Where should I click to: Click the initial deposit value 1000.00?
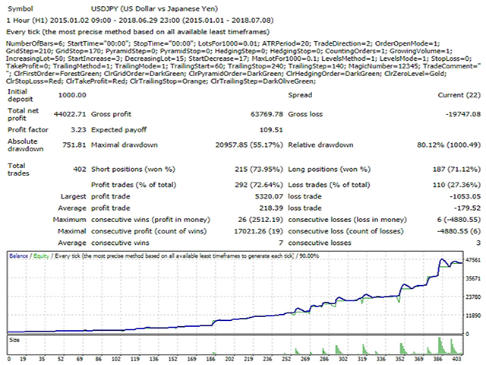click(x=72, y=95)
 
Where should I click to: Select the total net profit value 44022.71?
click(x=70, y=114)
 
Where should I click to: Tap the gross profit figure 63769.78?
click(x=267, y=114)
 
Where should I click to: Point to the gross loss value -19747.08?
click(x=463, y=114)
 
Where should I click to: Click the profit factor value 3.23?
click(x=78, y=130)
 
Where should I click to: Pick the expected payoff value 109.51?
click(x=271, y=130)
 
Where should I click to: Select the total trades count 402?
click(x=79, y=169)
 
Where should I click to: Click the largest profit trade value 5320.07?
click(x=269, y=196)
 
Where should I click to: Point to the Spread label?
click(x=300, y=95)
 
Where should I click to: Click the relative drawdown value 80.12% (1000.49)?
click(x=449, y=145)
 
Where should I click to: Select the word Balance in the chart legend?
click(x=18, y=256)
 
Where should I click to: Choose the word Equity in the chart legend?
click(x=41, y=256)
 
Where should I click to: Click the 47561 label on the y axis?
click(x=473, y=260)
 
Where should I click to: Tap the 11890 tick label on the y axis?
click(x=473, y=316)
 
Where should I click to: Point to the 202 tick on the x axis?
click(x=229, y=359)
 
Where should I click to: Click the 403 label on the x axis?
click(x=457, y=359)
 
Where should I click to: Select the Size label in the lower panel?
click(x=14, y=340)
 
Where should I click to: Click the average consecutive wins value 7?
click(x=281, y=243)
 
